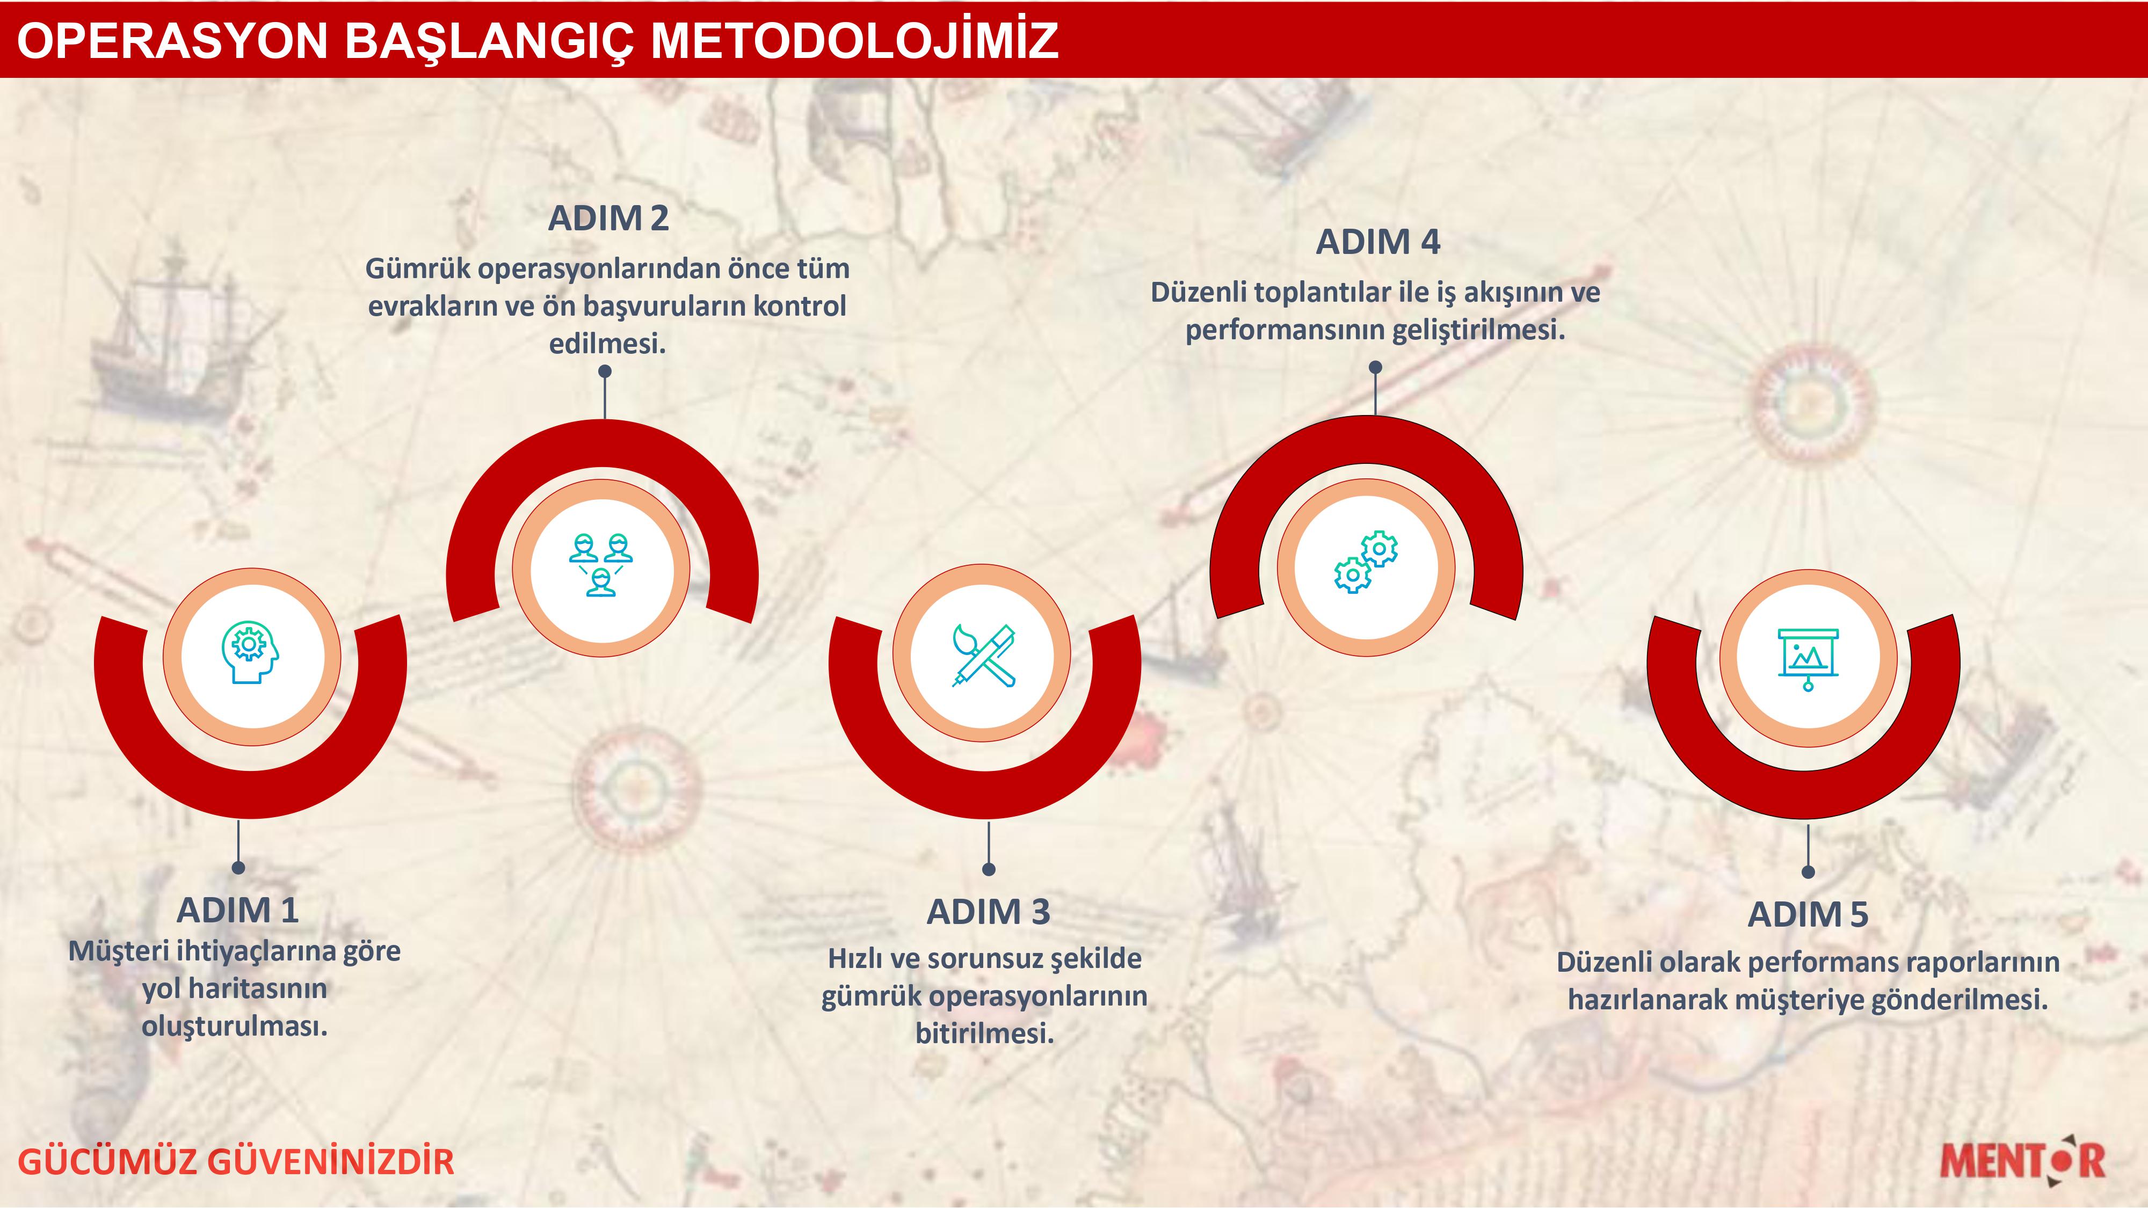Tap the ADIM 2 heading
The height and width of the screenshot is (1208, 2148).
tap(609, 219)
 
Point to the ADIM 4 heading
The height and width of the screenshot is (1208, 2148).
tap(1377, 242)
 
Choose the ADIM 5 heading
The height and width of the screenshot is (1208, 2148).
tap(1808, 914)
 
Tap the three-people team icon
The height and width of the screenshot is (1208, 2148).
tap(600, 564)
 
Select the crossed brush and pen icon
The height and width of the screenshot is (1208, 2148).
tap(984, 655)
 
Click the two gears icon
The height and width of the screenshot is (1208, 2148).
tap(1366, 562)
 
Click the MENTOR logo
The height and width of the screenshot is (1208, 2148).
tap(2022, 1158)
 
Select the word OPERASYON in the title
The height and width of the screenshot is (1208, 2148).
tap(172, 40)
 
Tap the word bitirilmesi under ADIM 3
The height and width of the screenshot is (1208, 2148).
tap(985, 1034)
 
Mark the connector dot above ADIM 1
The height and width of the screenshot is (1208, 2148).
tap(238, 868)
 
